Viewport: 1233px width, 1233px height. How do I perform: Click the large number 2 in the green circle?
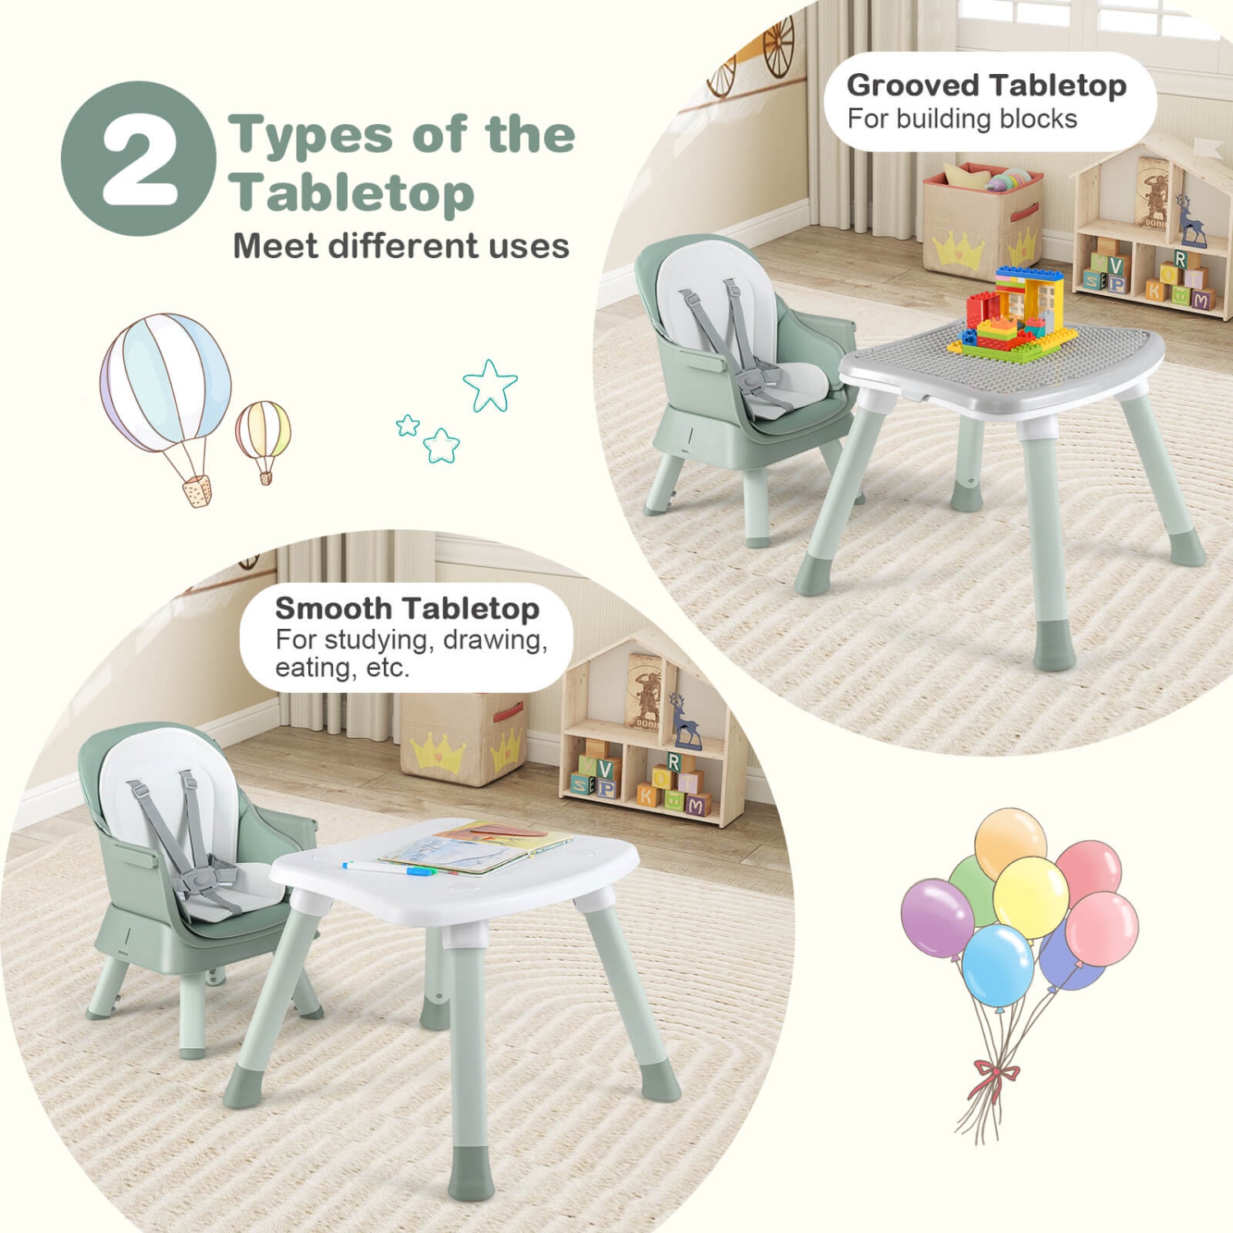pyautogui.click(x=139, y=159)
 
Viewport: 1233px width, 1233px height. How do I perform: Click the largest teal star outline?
pyautogui.click(x=490, y=385)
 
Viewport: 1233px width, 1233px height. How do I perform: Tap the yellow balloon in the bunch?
pyautogui.click(x=1030, y=897)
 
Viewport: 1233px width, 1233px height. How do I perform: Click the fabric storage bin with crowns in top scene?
pyautogui.click(x=983, y=221)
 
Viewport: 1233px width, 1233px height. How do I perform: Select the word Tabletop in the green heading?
pyautogui.click(x=352, y=193)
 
